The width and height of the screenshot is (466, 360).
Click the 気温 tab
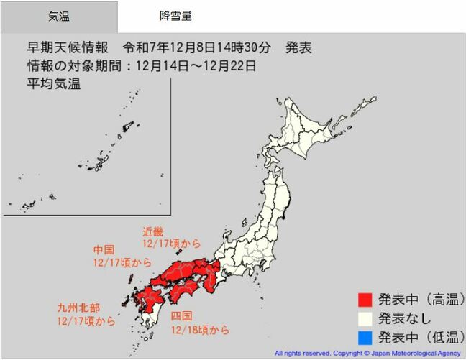(59, 16)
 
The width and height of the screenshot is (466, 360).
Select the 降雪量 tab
(175, 16)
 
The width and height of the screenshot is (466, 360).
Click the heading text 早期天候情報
(68, 48)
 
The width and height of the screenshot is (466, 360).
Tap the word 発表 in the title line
(297, 48)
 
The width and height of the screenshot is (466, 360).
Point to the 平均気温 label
(54, 83)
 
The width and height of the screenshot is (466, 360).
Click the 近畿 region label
(153, 231)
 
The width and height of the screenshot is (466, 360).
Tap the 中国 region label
(104, 249)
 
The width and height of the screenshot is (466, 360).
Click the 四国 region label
(182, 315)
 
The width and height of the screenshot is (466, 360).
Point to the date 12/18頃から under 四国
(201, 330)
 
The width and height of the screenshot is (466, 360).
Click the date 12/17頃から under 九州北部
(86, 321)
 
